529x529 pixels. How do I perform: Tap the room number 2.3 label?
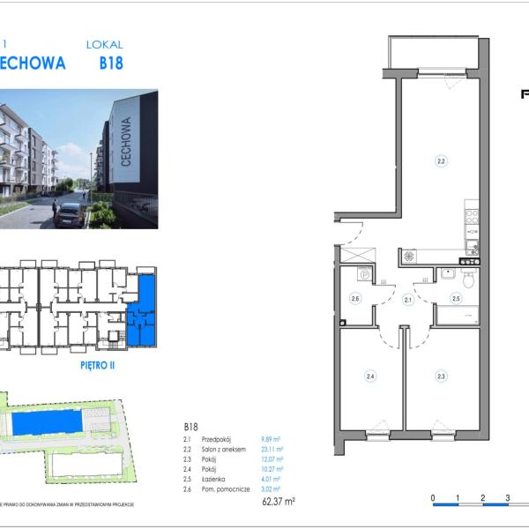(x=440, y=376)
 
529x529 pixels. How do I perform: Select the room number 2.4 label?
(x=370, y=376)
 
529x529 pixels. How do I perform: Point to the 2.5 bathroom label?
(x=456, y=299)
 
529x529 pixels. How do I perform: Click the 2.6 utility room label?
(x=355, y=299)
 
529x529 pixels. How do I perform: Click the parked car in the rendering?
(x=70, y=215)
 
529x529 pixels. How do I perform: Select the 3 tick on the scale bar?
(x=508, y=498)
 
